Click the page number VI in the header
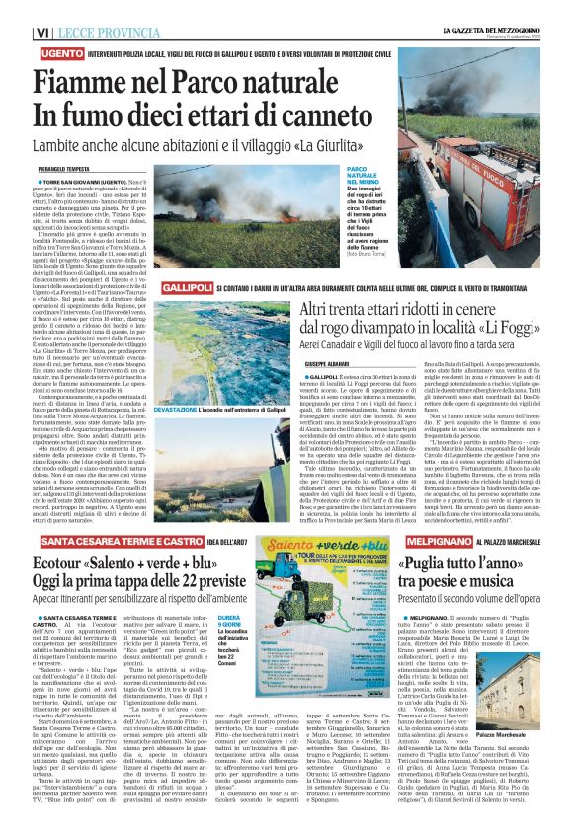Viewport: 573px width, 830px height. tap(14, 33)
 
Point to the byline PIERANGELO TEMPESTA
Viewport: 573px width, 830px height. tap(59, 170)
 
